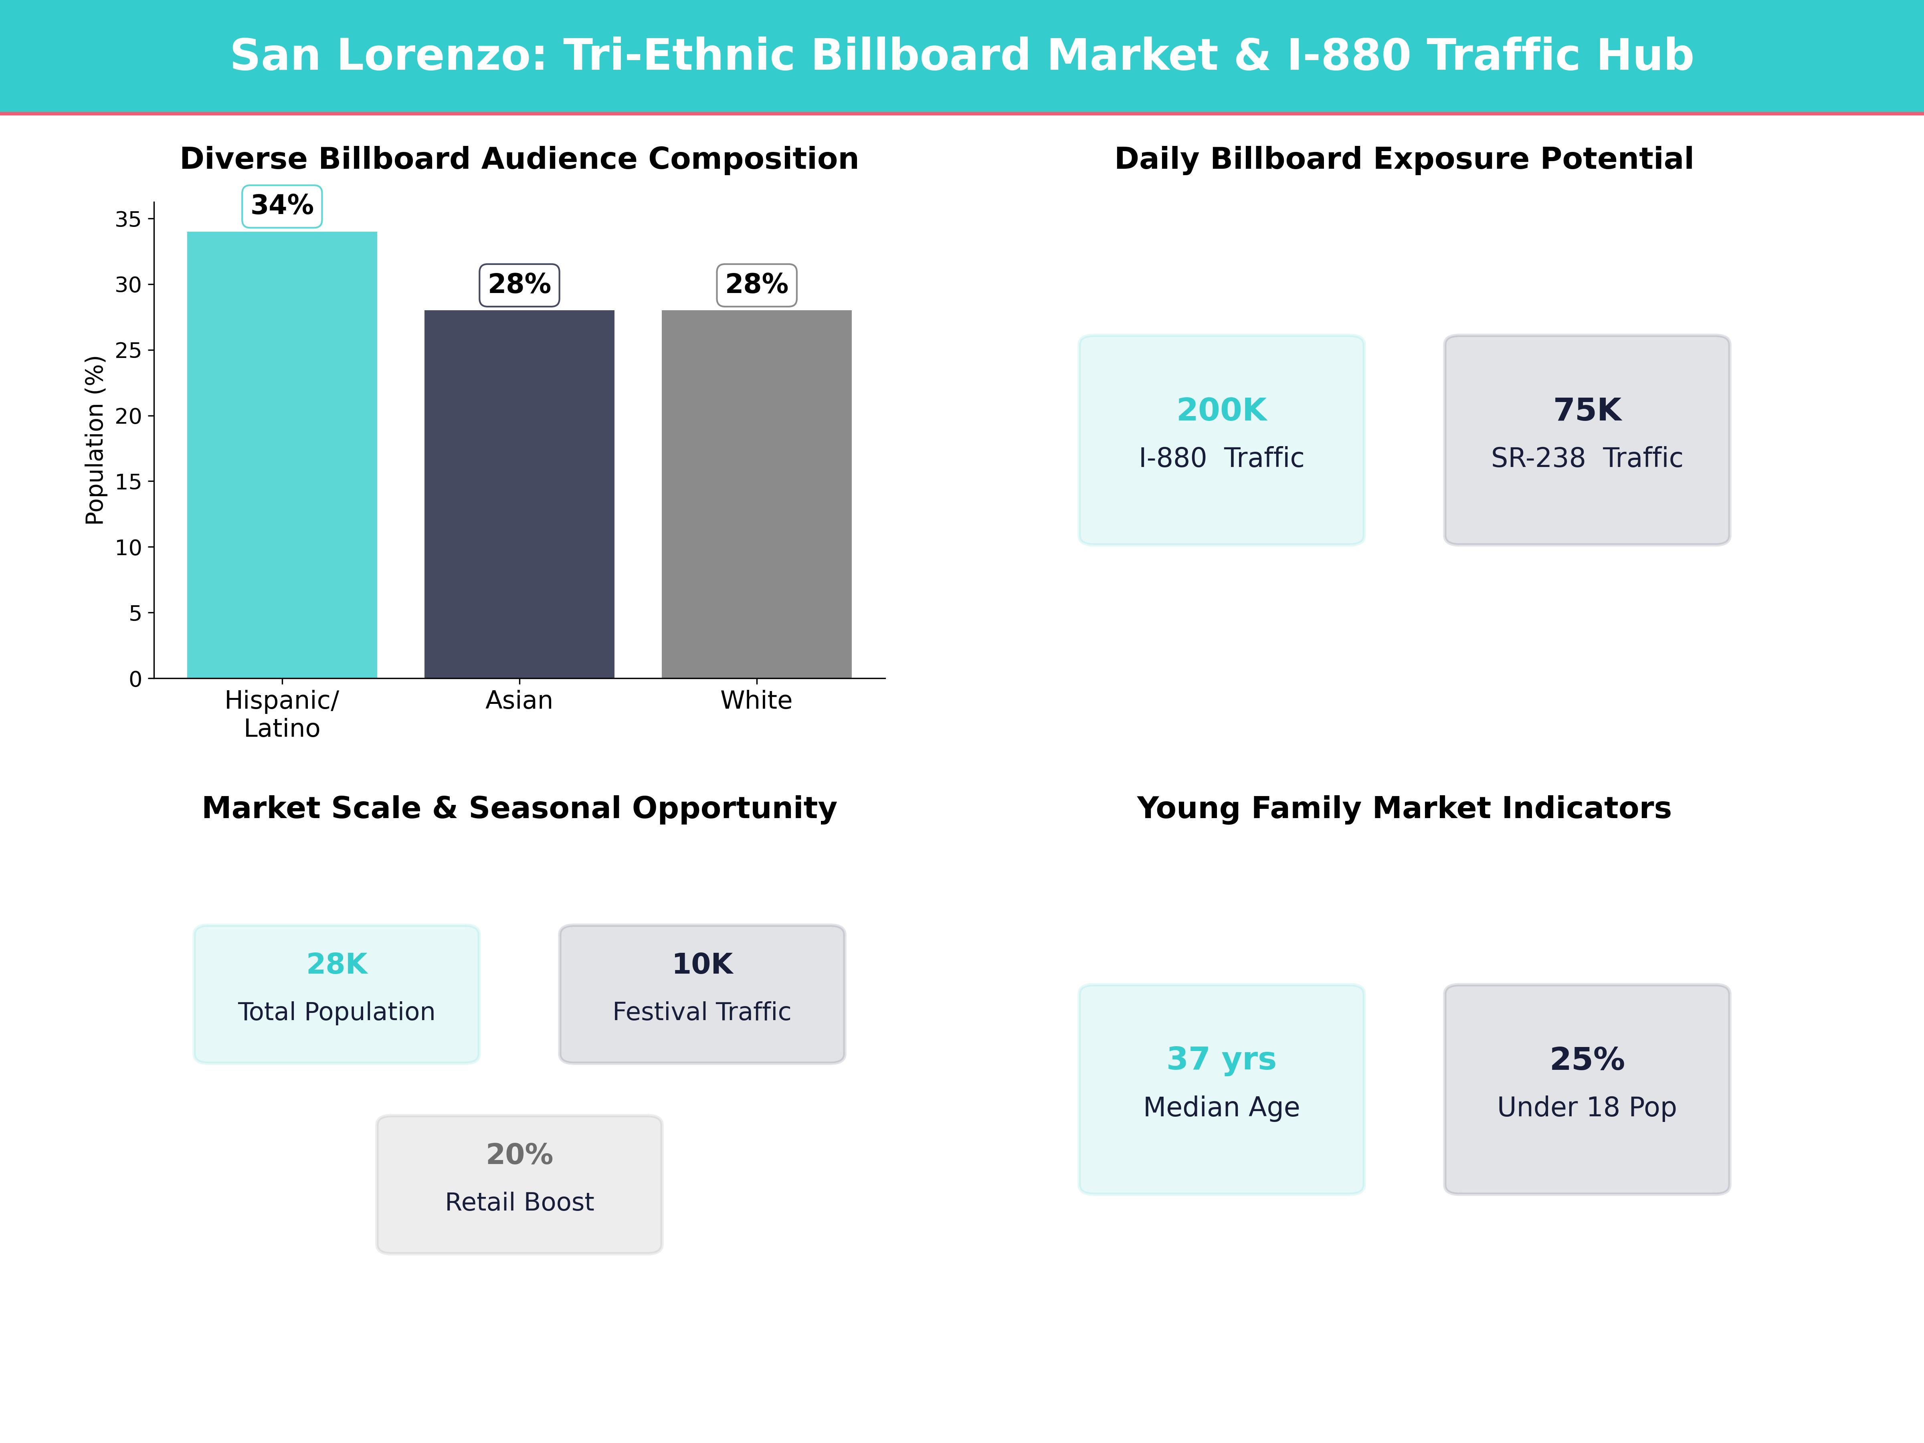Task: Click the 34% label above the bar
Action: [x=282, y=206]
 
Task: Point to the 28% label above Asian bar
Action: [x=519, y=285]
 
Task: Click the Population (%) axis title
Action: [x=94, y=440]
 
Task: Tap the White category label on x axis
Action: [x=756, y=700]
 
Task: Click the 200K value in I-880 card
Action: [x=1221, y=410]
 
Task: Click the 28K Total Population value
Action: [x=337, y=964]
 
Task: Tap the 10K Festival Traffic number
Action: [x=702, y=964]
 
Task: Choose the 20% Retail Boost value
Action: [x=519, y=1154]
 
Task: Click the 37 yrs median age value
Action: [x=1221, y=1059]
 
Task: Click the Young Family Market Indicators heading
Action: [x=1404, y=808]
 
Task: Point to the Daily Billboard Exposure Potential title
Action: [x=1404, y=158]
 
